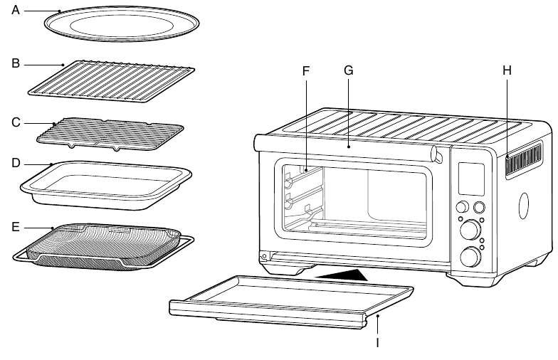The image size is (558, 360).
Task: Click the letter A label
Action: click(16, 10)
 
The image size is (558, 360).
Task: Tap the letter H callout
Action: click(507, 70)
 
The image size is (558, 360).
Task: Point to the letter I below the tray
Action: click(377, 342)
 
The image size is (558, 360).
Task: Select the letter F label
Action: click(306, 71)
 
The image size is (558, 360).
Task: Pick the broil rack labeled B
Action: click(111, 81)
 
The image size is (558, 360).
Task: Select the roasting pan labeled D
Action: click(106, 185)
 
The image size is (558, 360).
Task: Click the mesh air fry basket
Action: click(103, 247)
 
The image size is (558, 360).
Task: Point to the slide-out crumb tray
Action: click(291, 300)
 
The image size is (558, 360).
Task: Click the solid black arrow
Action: click(342, 275)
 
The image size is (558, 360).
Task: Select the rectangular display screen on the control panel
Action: click(471, 179)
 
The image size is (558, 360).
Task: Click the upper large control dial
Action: click(470, 230)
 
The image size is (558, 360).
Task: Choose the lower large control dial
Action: click(470, 256)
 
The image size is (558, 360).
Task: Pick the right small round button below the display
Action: click(479, 206)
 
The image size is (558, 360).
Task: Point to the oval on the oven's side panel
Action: click(524, 206)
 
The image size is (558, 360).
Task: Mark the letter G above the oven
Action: click(349, 70)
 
